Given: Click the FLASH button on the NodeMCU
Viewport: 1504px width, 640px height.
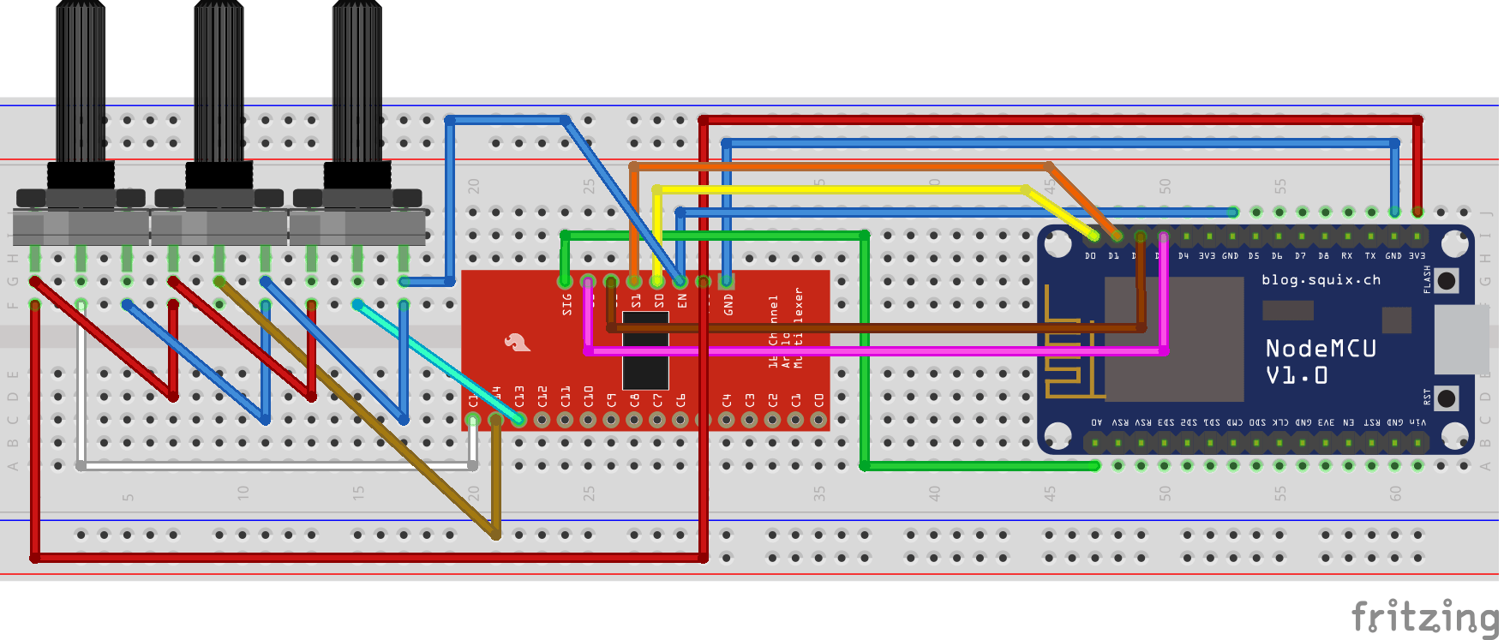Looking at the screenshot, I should click(x=1447, y=280).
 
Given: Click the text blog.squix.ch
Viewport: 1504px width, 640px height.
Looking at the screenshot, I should click(x=1321, y=280).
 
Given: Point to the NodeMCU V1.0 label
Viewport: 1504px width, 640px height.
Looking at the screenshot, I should click(x=1321, y=361).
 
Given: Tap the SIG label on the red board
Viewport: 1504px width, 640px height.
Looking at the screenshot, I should click(x=566, y=304).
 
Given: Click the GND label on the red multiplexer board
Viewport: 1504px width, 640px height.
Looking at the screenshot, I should click(x=728, y=304).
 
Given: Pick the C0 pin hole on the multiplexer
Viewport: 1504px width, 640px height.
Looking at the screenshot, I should click(x=818, y=420).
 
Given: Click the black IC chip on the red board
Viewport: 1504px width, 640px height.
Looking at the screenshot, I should click(x=645, y=351).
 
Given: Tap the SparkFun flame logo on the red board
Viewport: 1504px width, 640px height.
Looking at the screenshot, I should click(x=516, y=343).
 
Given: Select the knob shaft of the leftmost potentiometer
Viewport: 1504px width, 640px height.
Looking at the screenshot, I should click(x=81, y=81).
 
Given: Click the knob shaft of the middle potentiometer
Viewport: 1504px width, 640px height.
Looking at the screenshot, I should click(x=219, y=81).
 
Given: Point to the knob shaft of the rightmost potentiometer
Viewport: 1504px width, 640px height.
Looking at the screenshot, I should click(x=357, y=81).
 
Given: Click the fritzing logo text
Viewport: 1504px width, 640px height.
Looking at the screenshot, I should click(x=1424, y=616).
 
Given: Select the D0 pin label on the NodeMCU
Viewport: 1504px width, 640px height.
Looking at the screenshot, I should click(x=1090, y=256).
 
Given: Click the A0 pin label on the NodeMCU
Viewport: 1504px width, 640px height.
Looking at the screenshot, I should click(x=1096, y=422).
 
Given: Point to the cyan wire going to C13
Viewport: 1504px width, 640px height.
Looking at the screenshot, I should click(x=437, y=360).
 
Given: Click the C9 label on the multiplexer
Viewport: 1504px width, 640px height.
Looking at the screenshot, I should click(x=611, y=400).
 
